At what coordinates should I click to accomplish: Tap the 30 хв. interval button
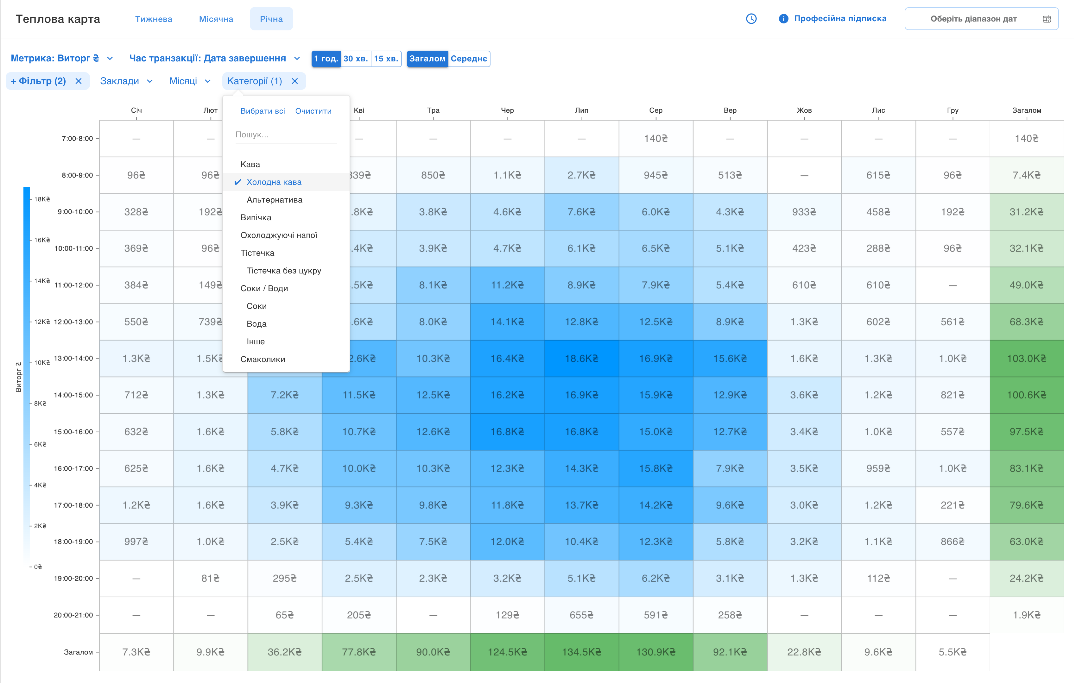click(x=356, y=59)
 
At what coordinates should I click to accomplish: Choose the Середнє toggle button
click(x=468, y=59)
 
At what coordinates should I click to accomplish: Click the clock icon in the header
click(x=751, y=19)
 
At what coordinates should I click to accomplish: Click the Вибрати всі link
click(x=262, y=111)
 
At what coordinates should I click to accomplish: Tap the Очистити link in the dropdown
click(x=313, y=111)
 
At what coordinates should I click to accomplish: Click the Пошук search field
click(x=286, y=135)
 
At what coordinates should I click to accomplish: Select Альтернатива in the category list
click(x=274, y=200)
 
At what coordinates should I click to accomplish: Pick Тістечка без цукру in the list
click(x=284, y=271)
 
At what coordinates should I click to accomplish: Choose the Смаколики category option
click(x=263, y=359)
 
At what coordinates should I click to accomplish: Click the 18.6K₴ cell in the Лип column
click(x=581, y=358)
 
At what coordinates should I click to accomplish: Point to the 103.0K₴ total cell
click(x=1026, y=358)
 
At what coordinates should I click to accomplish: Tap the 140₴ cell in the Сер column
click(x=655, y=139)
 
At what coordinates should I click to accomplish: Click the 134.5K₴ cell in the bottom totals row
click(x=581, y=652)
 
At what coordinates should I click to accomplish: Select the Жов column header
click(x=804, y=110)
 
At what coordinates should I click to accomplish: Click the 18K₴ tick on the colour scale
click(x=42, y=199)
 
